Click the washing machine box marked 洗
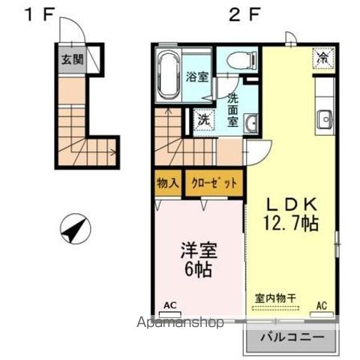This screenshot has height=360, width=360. coord(203,118)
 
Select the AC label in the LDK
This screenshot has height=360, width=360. coord(322,305)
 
